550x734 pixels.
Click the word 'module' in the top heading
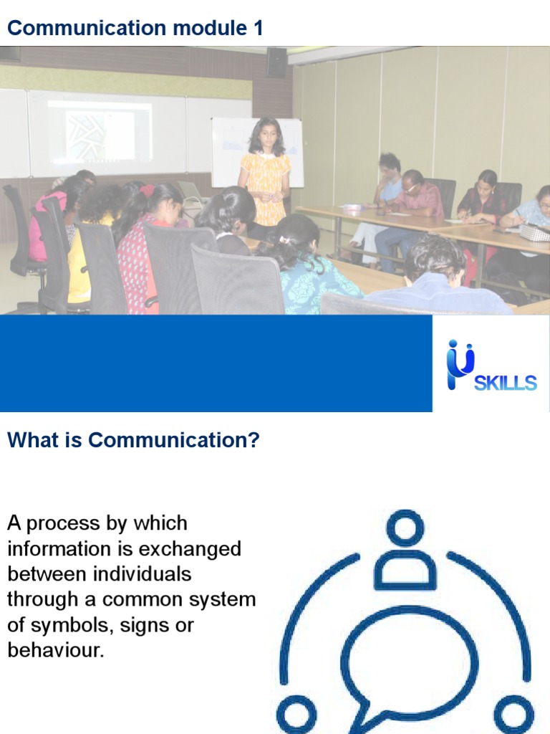(208, 28)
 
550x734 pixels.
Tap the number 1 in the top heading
(258, 28)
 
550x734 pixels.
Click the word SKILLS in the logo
(506, 383)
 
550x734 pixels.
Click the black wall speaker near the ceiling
(276, 62)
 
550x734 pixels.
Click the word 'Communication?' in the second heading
(174, 440)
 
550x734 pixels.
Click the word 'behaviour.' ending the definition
(56, 651)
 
